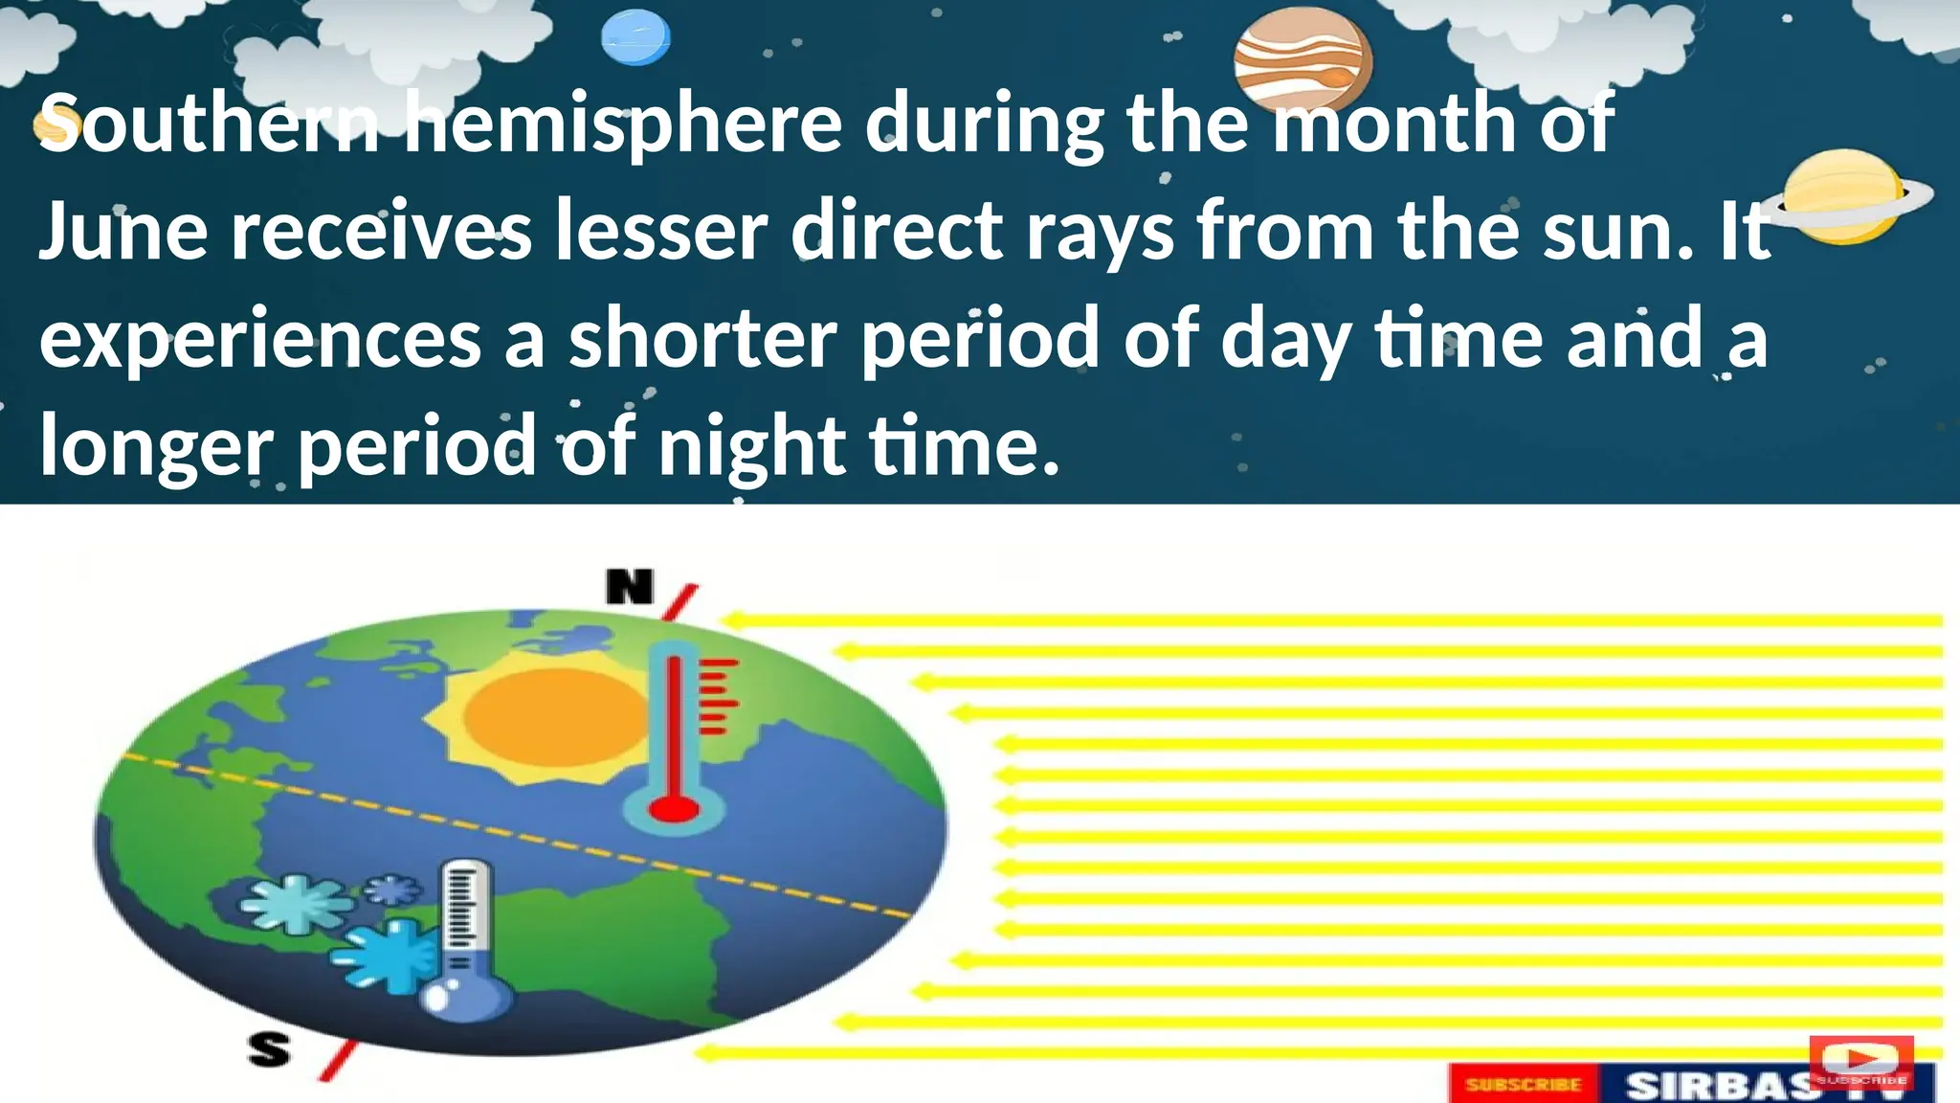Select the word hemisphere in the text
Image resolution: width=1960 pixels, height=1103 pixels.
(623, 124)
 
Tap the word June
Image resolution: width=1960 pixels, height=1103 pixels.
(122, 233)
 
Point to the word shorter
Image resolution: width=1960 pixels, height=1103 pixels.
(702, 340)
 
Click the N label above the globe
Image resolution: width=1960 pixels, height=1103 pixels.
(630, 586)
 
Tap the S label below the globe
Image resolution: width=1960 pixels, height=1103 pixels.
(269, 1049)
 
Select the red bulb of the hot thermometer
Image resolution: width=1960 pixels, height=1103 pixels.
(674, 810)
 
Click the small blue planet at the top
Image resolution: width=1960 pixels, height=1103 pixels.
(635, 38)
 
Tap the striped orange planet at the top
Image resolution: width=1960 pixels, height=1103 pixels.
(1302, 65)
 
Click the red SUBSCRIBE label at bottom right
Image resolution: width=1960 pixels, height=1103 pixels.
(1524, 1085)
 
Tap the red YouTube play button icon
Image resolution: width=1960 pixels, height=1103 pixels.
(1860, 1060)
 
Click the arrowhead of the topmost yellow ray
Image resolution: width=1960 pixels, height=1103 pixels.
(731, 620)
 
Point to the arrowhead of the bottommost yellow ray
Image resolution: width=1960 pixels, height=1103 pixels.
(704, 1053)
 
